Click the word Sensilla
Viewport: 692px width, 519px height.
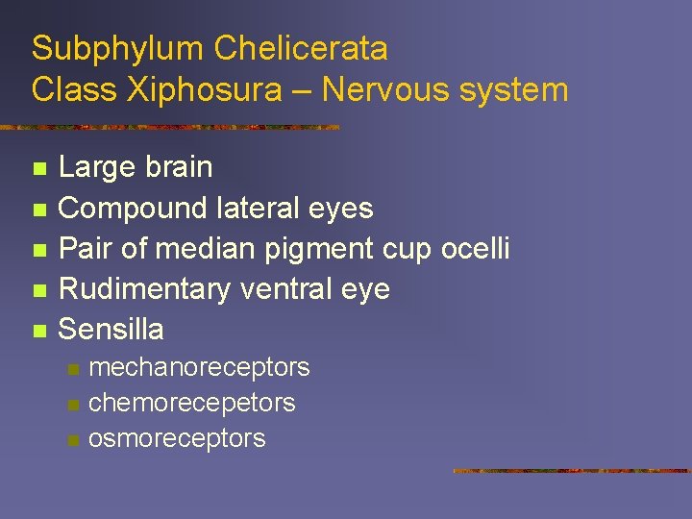point(111,330)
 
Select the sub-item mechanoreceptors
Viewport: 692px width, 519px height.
point(199,367)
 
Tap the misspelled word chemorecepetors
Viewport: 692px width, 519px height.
point(191,403)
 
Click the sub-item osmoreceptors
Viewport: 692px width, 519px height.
point(177,438)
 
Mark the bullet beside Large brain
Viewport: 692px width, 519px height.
point(38,169)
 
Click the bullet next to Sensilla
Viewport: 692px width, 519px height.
point(38,332)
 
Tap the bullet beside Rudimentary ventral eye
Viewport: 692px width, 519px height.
point(38,291)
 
